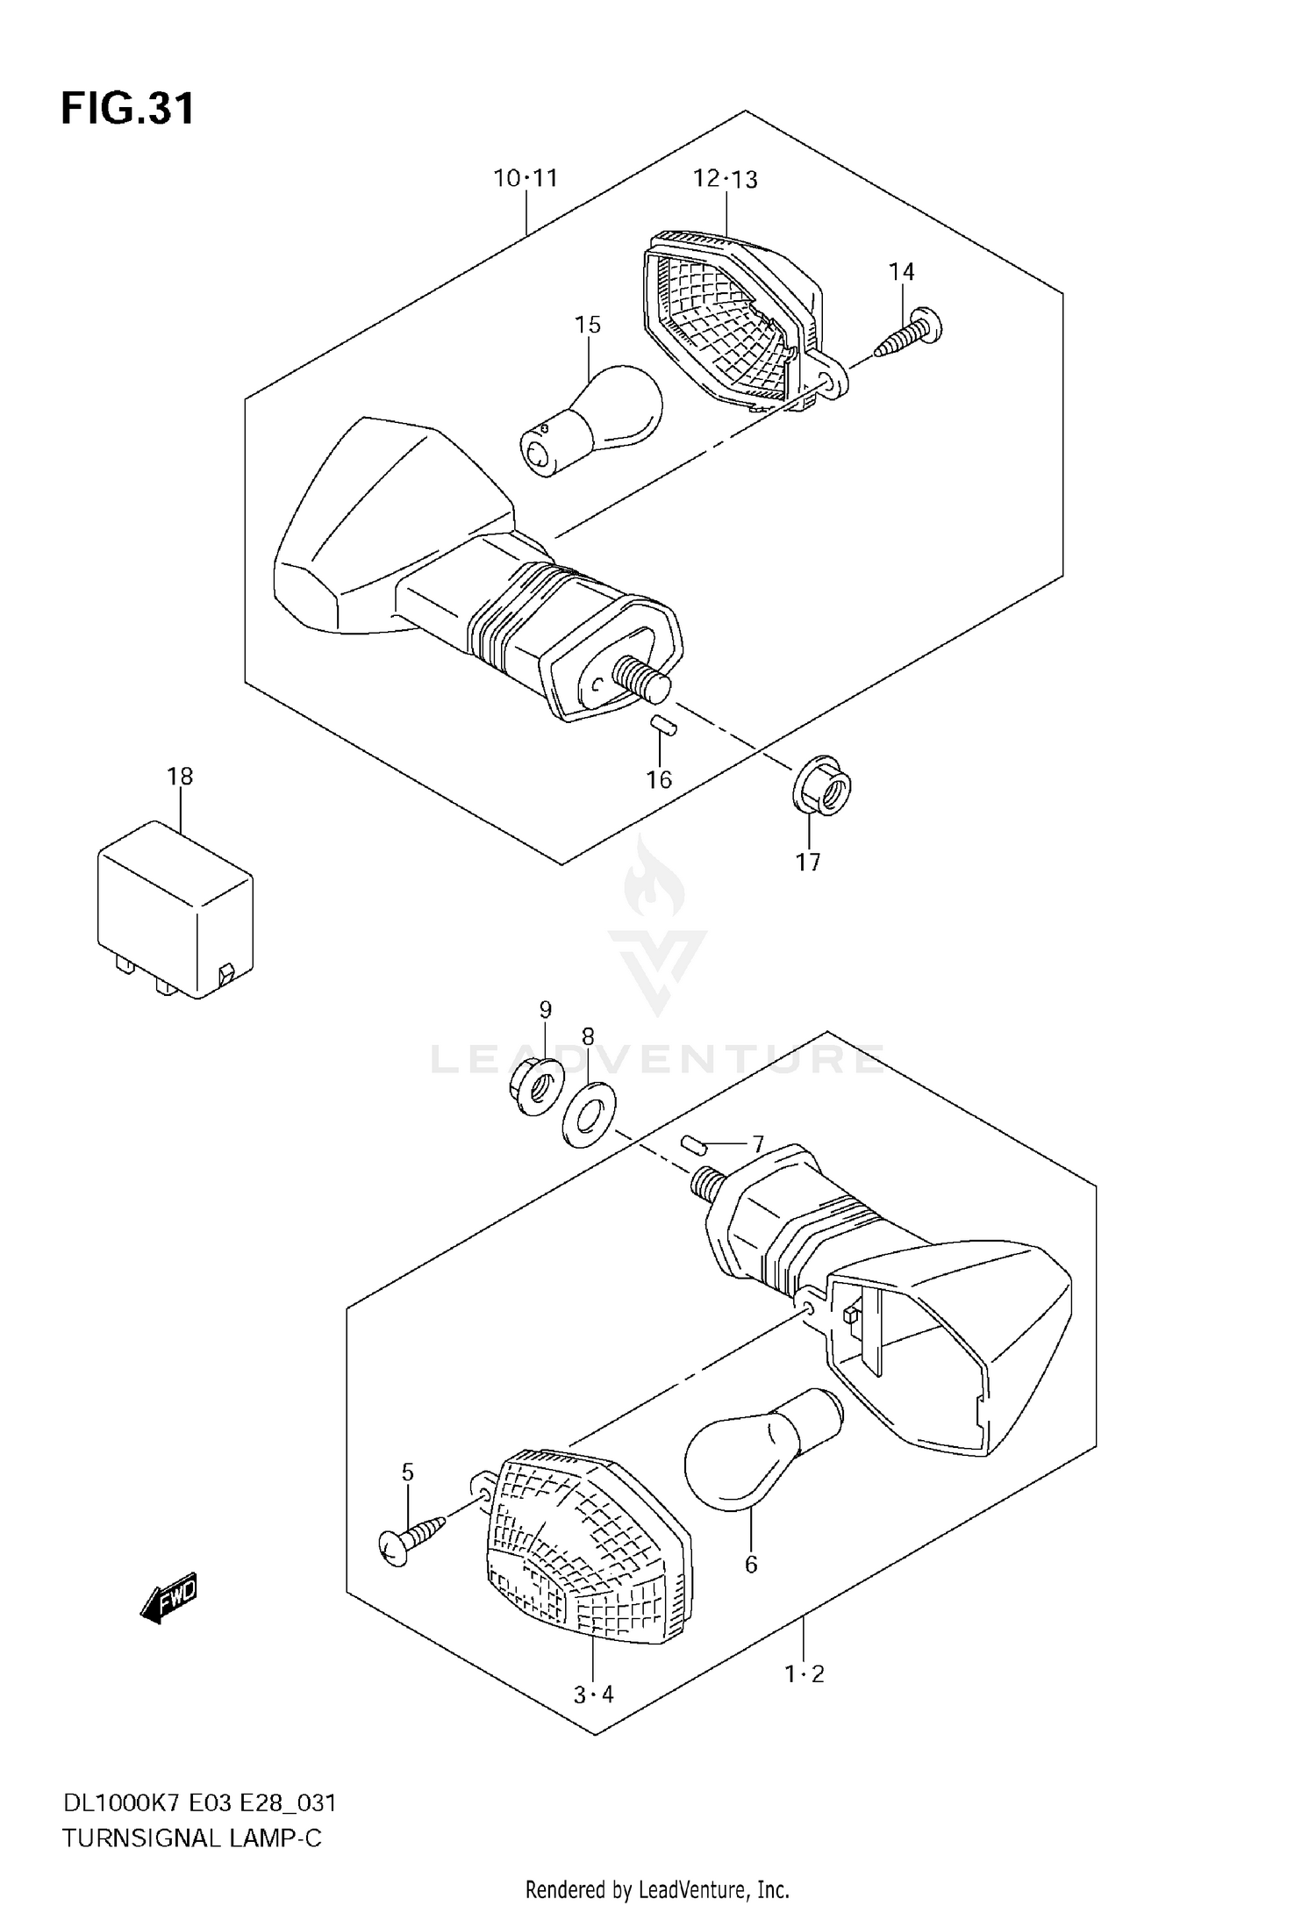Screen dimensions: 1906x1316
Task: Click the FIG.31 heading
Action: click(x=128, y=110)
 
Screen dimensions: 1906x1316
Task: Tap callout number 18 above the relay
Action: click(x=180, y=777)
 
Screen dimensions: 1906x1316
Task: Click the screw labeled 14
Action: click(x=909, y=337)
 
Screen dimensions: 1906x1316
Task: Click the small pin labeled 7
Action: click(x=695, y=1144)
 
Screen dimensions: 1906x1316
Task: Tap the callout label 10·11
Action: click(x=526, y=178)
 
